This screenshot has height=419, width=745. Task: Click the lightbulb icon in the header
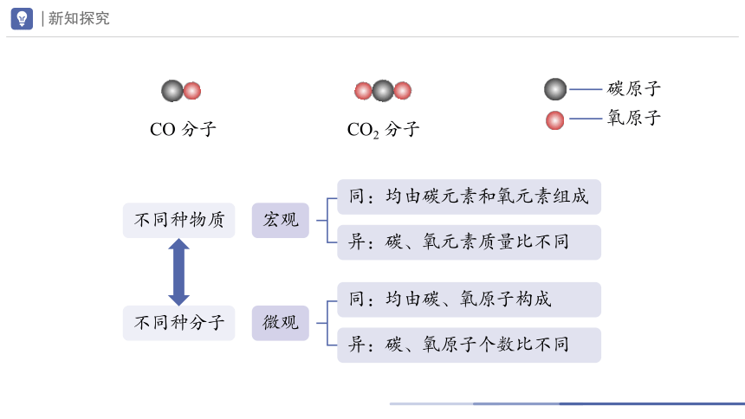coord(22,18)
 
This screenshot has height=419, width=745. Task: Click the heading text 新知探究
coord(79,18)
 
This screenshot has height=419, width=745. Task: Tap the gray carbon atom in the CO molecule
coord(172,91)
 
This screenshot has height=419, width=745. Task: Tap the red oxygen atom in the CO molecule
coord(192,91)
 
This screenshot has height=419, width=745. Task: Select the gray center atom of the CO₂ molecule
coord(383,91)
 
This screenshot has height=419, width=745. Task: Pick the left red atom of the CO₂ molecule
coord(364,91)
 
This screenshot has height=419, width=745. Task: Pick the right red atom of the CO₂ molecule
coord(403,91)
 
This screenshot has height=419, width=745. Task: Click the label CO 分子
coord(183,129)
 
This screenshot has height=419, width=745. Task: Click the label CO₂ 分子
coord(384,130)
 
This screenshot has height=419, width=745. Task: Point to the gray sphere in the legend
coord(555,89)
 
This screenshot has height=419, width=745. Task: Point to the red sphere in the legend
coord(555,120)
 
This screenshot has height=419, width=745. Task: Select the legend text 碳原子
coord(634,89)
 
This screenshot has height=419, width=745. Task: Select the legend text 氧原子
coord(634,118)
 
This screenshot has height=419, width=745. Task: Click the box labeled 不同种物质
coord(179,221)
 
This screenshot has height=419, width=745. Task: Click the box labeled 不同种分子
coord(179,323)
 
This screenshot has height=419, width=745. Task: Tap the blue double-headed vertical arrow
coord(178,272)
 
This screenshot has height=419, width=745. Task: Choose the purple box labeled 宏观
coord(281,221)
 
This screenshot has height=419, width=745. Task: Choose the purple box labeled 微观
coord(281,323)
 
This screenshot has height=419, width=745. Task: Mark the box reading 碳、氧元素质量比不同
coord(469,242)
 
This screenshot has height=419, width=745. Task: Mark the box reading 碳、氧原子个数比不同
coord(469,345)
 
